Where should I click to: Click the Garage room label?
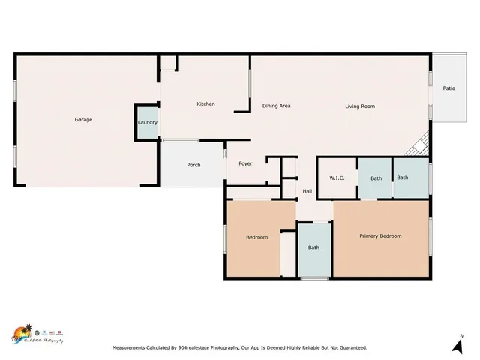click(83, 120)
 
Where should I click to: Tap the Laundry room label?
click(147, 122)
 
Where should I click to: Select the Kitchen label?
click(205, 104)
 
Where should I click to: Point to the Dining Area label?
click(276, 106)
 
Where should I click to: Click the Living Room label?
click(359, 106)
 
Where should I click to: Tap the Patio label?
click(448, 88)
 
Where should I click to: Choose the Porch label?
click(193, 165)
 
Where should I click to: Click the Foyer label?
click(245, 163)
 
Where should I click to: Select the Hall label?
click(307, 192)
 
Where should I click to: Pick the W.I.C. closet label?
click(337, 178)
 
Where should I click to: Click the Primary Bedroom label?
click(380, 236)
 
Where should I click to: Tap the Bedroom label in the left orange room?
click(256, 238)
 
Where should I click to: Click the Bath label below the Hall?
click(313, 247)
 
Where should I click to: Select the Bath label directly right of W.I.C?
click(376, 178)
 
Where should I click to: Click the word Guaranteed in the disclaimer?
click(351, 348)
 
